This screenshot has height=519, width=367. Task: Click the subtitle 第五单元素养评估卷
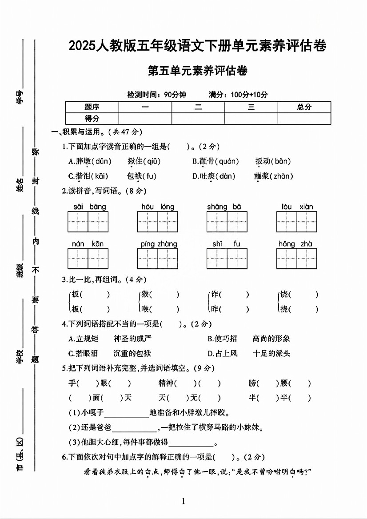(x=197, y=71)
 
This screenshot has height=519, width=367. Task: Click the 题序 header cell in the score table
(x=92, y=107)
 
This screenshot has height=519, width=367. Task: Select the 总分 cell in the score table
(x=304, y=107)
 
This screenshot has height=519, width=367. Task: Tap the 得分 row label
(x=92, y=119)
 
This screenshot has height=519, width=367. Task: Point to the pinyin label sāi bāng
(x=89, y=207)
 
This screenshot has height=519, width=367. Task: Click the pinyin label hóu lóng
(x=158, y=207)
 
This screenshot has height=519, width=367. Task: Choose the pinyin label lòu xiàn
(x=297, y=207)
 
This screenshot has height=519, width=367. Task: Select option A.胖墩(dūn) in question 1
(x=90, y=161)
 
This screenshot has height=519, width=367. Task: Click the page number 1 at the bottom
(x=183, y=501)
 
